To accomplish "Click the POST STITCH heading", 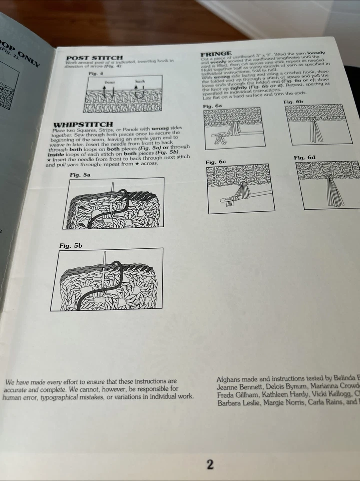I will pyautogui.click(x=94, y=58).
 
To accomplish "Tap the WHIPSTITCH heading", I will pyautogui.click(x=83, y=124).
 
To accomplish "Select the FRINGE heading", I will pyautogui.click(x=216, y=53).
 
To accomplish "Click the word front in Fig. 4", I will pyautogui.click(x=110, y=82).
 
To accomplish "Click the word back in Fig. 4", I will pyautogui.click(x=140, y=81).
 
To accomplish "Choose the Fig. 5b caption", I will pyautogui.click(x=70, y=245).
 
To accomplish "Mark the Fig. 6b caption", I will pyautogui.click(x=293, y=102).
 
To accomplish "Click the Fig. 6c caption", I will pyautogui.click(x=216, y=162).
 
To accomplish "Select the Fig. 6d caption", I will pyautogui.click(x=304, y=158).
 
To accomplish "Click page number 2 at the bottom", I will pyautogui.click(x=210, y=464).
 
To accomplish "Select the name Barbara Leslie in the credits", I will pyautogui.click(x=240, y=402).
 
